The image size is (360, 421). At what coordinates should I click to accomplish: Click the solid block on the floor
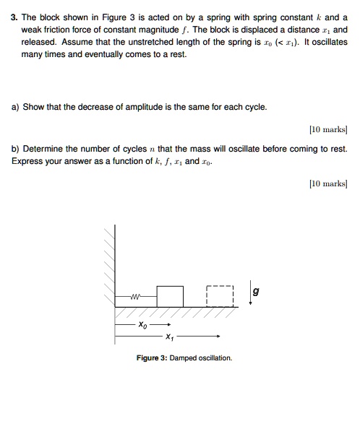[170, 297]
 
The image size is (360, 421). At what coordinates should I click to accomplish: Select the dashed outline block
[220, 297]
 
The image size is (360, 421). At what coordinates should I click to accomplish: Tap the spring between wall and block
[136, 297]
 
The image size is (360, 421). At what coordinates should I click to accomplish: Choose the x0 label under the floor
[143, 326]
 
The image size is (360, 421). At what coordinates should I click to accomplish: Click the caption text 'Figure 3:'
[151, 358]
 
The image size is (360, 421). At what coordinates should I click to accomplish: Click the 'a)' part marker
[15, 107]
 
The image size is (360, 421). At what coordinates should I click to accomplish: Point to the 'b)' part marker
[15, 148]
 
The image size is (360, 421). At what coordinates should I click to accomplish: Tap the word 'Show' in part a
[34, 107]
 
